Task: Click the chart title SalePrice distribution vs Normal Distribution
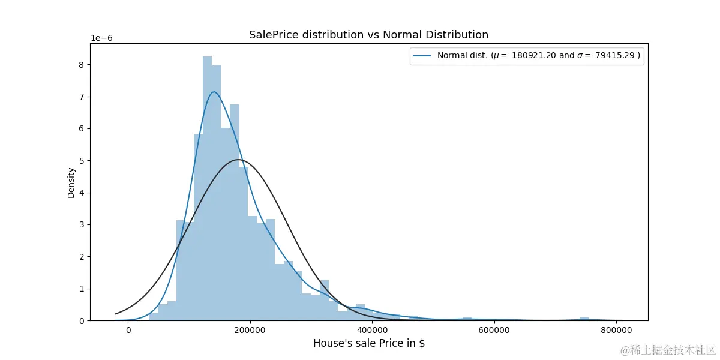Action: (368, 35)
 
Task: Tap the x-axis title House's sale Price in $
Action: (369, 343)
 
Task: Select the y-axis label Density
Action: (71, 183)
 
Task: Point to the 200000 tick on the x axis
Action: (250, 331)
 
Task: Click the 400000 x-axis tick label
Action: (372, 331)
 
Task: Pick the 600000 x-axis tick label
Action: (494, 331)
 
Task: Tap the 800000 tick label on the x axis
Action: (617, 331)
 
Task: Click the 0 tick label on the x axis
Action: (128, 331)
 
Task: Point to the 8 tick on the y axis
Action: (82, 65)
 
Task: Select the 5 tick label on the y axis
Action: (82, 161)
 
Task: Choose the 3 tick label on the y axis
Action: (82, 225)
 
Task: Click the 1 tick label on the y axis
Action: (82, 289)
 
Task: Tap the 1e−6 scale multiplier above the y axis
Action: (101, 38)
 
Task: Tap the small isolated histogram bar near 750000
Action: (584, 319)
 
